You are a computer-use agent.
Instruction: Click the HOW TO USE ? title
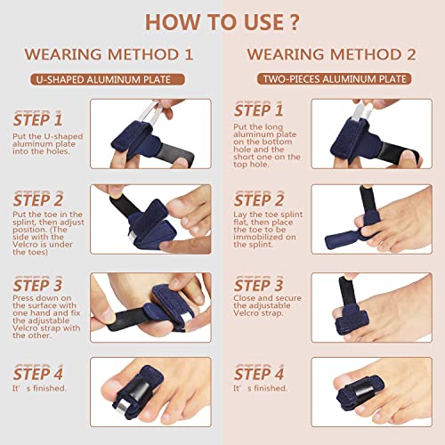pyautogui.click(x=222, y=20)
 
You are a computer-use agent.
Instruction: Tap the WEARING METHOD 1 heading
pyautogui.click(x=111, y=53)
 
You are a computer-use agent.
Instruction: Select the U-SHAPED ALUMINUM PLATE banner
pyautogui.click(x=111, y=79)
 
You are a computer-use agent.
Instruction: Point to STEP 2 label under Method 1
pyautogui.click(x=37, y=200)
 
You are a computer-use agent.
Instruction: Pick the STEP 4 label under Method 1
pyautogui.click(x=37, y=371)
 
